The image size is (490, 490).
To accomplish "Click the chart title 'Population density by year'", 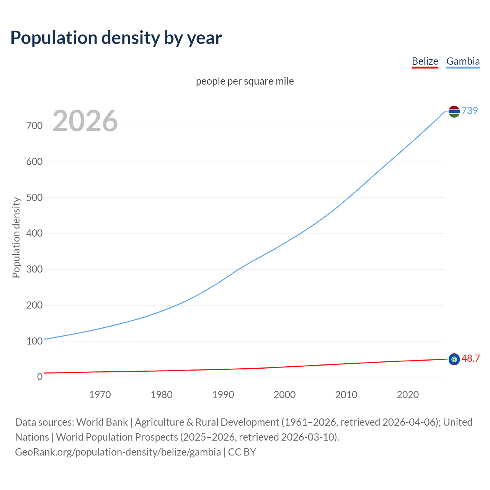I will click(116, 38).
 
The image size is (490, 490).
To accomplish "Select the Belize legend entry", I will click(425, 61).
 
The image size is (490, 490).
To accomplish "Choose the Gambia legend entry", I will click(463, 61).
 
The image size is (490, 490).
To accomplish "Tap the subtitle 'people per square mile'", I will click(245, 82).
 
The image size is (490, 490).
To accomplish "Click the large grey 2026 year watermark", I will click(85, 121).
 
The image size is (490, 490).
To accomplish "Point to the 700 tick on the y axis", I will click(34, 126).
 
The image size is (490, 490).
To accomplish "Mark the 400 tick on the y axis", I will click(34, 234).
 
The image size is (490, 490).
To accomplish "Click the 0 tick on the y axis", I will click(40, 377).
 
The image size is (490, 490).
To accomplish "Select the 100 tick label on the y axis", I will click(34, 341).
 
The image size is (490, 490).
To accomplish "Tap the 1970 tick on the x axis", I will click(100, 395).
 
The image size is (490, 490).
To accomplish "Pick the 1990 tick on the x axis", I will click(223, 395).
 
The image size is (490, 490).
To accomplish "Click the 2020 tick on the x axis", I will click(408, 395).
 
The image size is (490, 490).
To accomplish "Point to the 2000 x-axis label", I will click(285, 395).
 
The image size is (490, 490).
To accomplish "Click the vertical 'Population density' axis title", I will click(16, 237).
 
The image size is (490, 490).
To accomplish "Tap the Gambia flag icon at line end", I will click(454, 111).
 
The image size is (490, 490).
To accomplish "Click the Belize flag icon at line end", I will click(454, 359).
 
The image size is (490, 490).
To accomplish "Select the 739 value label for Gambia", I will click(470, 111).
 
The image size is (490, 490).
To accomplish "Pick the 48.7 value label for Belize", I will click(470, 359).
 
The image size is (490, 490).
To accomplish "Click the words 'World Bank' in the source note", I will click(102, 422).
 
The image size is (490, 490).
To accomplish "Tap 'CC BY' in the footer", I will click(242, 452).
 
